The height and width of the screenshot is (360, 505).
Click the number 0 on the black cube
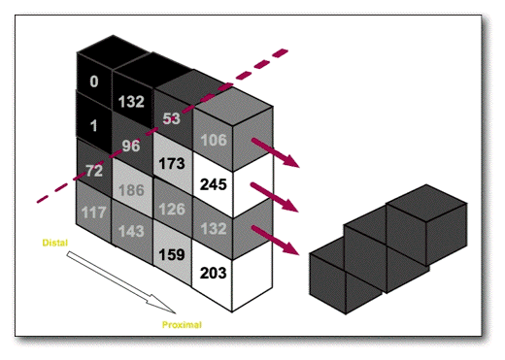[94, 82]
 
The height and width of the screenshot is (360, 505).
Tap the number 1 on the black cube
[94, 125]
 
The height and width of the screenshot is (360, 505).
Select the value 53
[171, 118]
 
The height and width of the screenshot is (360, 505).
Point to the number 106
[214, 140]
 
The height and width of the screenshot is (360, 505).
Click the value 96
[131, 146]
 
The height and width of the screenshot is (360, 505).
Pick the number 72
[94, 171]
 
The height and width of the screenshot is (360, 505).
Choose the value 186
[131, 190]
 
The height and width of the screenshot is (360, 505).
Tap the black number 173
[172, 163]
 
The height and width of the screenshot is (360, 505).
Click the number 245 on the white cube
[214, 184]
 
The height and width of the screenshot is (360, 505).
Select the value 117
[94, 213]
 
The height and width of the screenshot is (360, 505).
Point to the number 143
[131, 231]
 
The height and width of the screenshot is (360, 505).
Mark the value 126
[172, 209]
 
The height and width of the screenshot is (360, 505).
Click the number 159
[172, 254]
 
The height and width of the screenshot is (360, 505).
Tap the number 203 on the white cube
[214, 273]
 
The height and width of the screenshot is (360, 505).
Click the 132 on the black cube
[131, 102]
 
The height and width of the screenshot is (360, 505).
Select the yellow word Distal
[55, 243]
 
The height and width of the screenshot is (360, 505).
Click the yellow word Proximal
[182, 325]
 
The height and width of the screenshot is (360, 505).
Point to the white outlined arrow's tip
[175, 313]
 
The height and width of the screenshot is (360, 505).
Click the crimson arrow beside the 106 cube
[276, 152]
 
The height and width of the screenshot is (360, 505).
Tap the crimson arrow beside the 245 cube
[275, 197]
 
